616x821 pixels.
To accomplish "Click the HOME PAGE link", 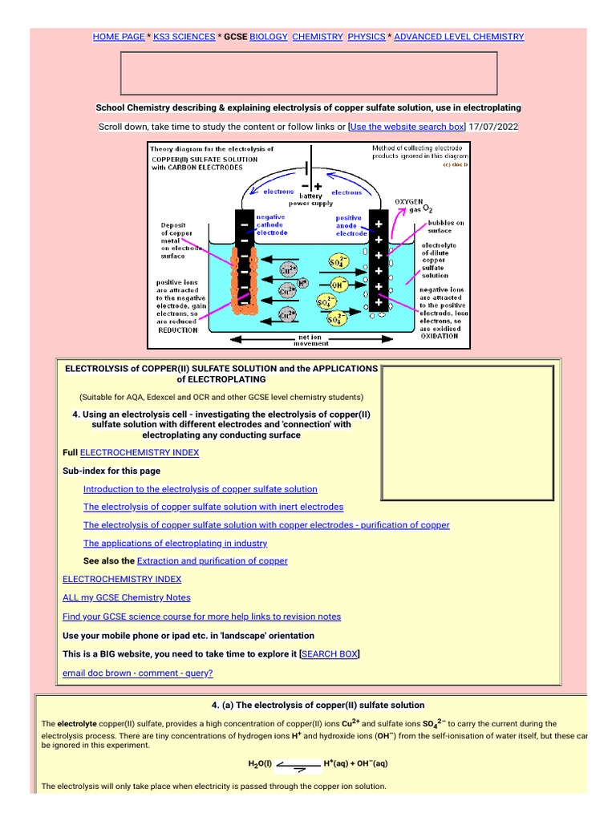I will (x=119, y=37).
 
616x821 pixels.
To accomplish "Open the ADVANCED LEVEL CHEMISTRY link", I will (x=459, y=37).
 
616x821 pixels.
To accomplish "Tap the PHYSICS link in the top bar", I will (x=366, y=37).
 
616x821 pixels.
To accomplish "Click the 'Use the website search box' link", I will (x=407, y=127).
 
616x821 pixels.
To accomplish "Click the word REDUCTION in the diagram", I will (x=178, y=330).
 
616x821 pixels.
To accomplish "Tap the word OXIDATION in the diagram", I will (x=440, y=336).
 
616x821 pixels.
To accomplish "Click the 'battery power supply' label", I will (x=310, y=200).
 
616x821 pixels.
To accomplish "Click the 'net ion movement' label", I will (x=311, y=340).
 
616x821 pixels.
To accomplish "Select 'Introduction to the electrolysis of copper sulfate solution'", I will (x=201, y=489).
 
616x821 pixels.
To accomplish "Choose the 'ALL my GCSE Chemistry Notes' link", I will (x=127, y=597).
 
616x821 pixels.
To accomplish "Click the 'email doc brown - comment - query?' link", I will (x=138, y=673).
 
